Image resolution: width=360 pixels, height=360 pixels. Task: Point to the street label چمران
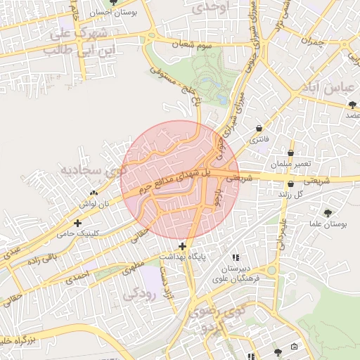pyautogui.click(x=311, y=40)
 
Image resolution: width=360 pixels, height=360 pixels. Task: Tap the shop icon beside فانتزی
pyautogui.click(x=261, y=128)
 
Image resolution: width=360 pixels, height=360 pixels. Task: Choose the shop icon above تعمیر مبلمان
pyautogui.click(x=290, y=153)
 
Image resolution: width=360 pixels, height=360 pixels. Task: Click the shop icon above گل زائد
pyautogui.click(x=290, y=184)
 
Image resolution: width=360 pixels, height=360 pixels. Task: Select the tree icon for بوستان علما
pyautogui.click(x=328, y=212)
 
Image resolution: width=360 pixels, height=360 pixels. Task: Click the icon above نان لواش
pyautogui.click(x=94, y=193)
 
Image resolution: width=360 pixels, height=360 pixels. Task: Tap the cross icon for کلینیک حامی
pyautogui.click(x=86, y=223)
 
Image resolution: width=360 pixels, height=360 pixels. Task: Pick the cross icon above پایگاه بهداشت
pyautogui.click(x=183, y=246)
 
